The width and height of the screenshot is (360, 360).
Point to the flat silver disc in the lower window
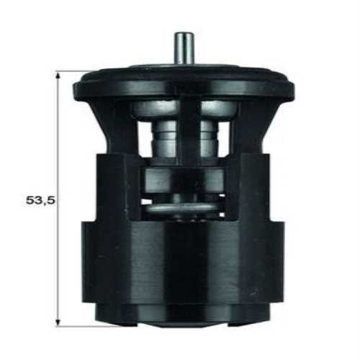(180, 208)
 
